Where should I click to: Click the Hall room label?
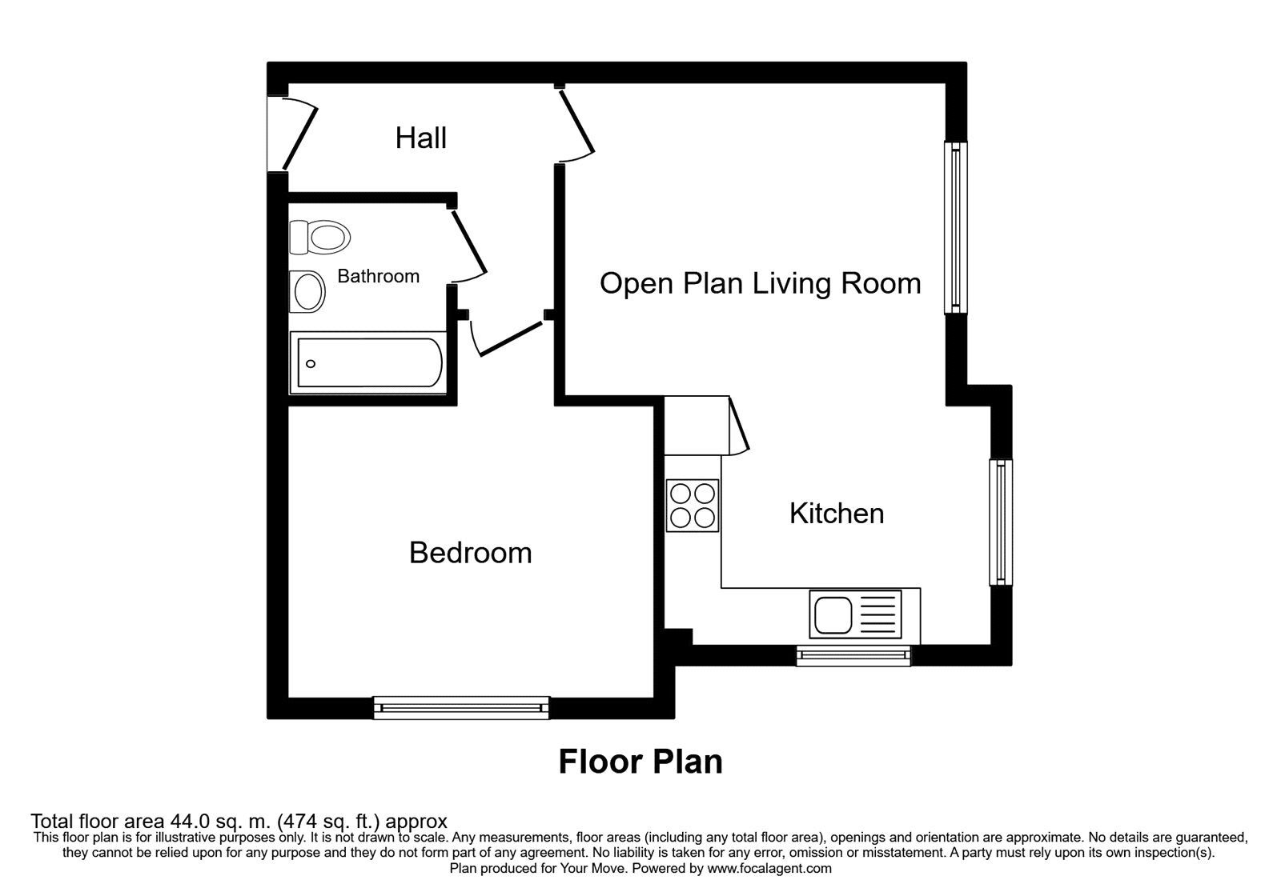pos(420,138)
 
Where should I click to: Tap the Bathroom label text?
pos(378,277)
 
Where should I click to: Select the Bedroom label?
pos(470,553)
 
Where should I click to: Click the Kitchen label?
pos(837,514)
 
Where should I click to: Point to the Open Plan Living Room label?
pos(760,284)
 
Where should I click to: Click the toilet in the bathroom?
pos(320,237)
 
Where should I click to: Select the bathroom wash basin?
pos(307,291)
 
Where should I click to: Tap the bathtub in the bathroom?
pos(367,363)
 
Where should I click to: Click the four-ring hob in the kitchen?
pos(693,506)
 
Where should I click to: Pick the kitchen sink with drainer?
pos(855,614)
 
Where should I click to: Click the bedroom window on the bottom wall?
pos(461,707)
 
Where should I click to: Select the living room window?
pos(955,227)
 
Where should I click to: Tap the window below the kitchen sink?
pos(853,656)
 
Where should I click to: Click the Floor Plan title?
pos(640,762)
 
